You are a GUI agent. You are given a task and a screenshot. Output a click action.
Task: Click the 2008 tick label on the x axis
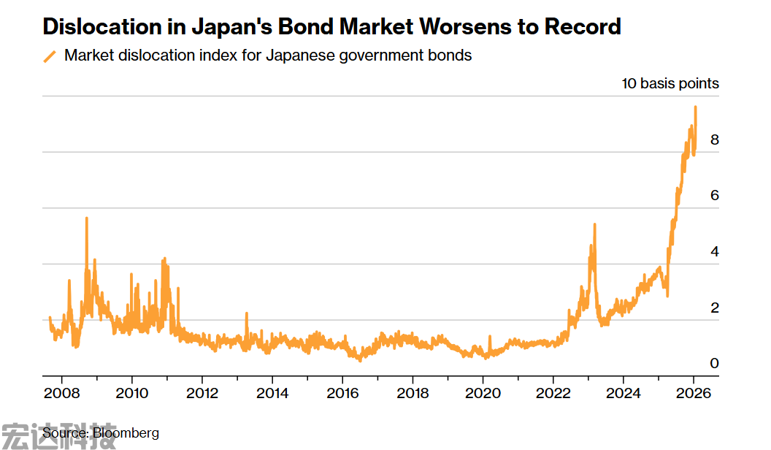(x=61, y=392)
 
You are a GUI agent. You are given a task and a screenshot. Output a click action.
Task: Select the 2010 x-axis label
(x=131, y=392)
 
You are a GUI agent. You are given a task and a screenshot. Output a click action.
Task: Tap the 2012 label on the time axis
(x=202, y=392)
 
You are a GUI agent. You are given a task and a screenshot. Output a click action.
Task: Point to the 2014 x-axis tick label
(x=272, y=392)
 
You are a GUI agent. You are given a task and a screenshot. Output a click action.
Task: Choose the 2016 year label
(x=342, y=392)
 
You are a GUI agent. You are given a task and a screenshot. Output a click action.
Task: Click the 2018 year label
(x=413, y=392)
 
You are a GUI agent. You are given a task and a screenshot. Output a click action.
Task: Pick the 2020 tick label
(x=483, y=392)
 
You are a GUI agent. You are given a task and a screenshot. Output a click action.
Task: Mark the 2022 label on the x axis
(x=553, y=392)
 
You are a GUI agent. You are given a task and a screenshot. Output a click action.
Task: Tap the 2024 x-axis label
(x=623, y=392)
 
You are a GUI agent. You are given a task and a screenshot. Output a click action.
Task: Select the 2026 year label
(x=693, y=392)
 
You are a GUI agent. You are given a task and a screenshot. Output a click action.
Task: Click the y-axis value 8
(x=714, y=140)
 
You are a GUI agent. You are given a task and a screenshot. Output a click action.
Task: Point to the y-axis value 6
(x=714, y=195)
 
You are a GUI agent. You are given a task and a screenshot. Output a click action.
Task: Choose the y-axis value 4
(x=714, y=251)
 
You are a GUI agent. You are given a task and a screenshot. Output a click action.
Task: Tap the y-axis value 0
(x=714, y=364)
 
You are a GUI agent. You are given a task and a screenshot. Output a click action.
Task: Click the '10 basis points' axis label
(x=670, y=83)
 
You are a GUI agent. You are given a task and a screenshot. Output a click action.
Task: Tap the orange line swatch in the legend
(x=50, y=56)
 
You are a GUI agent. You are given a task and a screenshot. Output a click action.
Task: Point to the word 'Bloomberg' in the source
(x=126, y=433)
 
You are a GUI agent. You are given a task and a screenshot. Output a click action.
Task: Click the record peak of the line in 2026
(x=695, y=107)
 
